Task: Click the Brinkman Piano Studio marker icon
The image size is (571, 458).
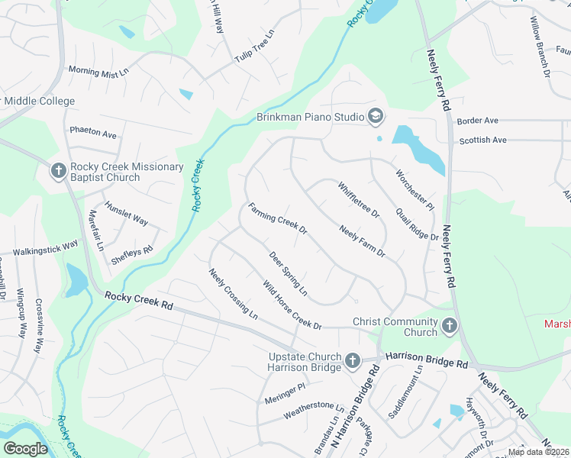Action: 375,117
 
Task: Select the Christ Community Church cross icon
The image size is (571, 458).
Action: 450,327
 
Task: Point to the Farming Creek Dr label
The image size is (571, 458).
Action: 277,218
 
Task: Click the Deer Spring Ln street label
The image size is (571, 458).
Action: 288,274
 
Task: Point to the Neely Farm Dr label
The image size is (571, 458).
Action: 362,241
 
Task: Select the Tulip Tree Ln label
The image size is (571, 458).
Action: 253,47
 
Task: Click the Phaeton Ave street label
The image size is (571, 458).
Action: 93,133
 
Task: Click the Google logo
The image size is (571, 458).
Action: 25,449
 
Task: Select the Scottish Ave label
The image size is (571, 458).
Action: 482,140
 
